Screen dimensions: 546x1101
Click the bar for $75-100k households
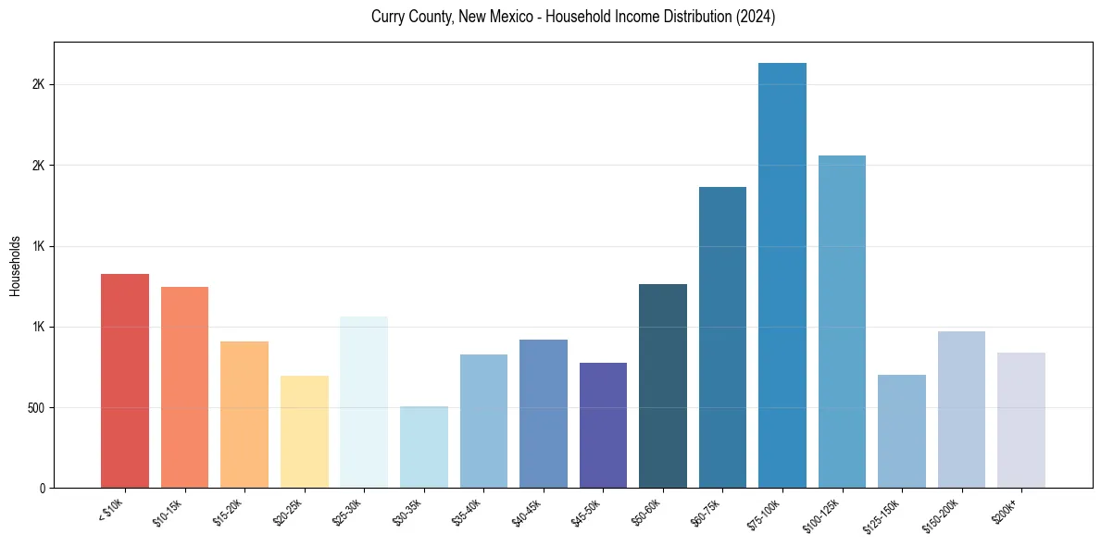pos(782,275)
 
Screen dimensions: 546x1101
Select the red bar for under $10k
pos(125,380)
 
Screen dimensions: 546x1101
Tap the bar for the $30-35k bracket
pos(424,447)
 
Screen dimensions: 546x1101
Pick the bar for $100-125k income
pos(842,321)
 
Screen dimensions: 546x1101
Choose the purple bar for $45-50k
pos(603,425)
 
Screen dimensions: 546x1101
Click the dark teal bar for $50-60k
pos(663,386)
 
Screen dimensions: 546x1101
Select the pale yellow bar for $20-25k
pos(305,431)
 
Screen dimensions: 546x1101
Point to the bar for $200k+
pos(1021,420)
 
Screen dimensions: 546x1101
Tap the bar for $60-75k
pos(722,337)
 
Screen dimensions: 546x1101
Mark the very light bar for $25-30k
pos(364,402)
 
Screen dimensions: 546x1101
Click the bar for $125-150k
pos(902,431)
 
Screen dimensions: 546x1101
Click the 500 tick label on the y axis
pos(36,408)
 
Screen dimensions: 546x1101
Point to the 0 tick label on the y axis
pos(43,489)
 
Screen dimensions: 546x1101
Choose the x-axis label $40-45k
pos(527,512)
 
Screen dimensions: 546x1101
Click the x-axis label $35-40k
pos(468,512)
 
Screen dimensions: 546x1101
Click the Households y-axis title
pos(15,266)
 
